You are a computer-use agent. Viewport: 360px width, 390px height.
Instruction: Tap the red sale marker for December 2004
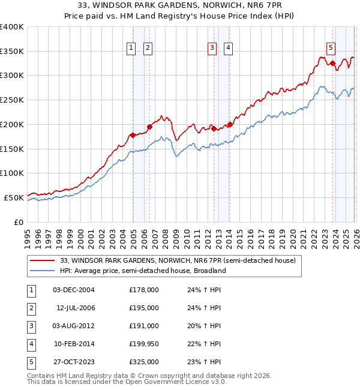pos(133,135)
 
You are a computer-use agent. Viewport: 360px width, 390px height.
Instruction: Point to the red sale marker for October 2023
pos(332,62)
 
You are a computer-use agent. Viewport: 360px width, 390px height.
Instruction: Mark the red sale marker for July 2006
pos(149,127)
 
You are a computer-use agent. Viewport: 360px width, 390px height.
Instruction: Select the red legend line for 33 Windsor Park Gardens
pos(43,261)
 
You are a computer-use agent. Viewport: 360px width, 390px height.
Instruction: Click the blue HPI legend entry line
pos(43,271)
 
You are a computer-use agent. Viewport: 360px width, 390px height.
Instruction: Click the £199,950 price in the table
pos(143,344)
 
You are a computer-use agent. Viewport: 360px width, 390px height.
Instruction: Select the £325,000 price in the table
pos(143,362)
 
